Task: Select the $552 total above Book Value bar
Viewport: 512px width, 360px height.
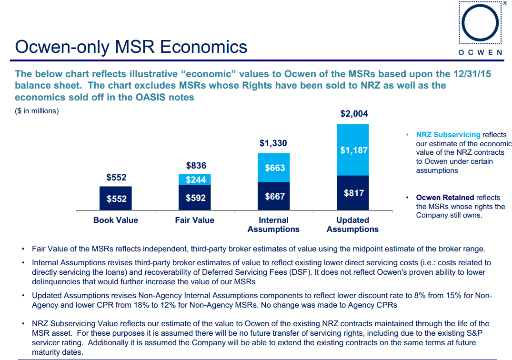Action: pyautogui.click(x=116, y=178)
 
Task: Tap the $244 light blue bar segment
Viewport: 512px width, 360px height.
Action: pyautogui.click(x=195, y=180)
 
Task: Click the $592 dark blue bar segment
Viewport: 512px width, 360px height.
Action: pyautogui.click(x=195, y=198)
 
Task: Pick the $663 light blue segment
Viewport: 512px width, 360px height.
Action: pyautogui.click(x=274, y=168)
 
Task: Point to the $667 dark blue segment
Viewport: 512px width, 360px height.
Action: pyautogui.click(x=274, y=196)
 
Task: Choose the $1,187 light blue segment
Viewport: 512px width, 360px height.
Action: pyautogui.click(x=353, y=150)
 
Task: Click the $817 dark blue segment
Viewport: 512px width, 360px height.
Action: pyautogui.click(x=353, y=193)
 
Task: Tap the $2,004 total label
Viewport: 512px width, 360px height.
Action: pyautogui.click(x=354, y=114)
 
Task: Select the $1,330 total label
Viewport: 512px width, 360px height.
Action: pyautogui.click(x=273, y=143)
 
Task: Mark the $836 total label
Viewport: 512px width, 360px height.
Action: pyautogui.click(x=196, y=166)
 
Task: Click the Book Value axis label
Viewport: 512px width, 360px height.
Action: pyautogui.click(x=116, y=220)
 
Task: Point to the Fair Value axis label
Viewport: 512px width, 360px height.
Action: pyautogui.click(x=195, y=220)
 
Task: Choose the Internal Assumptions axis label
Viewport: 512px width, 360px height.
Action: pyautogui.click(x=273, y=224)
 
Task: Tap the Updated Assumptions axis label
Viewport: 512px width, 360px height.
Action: pyautogui.click(x=352, y=224)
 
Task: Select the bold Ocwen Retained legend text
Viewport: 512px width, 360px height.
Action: pyautogui.click(x=445, y=197)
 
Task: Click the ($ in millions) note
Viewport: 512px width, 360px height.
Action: pyautogui.click(x=37, y=111)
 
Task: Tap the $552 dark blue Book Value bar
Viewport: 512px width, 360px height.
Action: pyautogui.click(x=116, y=198)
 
